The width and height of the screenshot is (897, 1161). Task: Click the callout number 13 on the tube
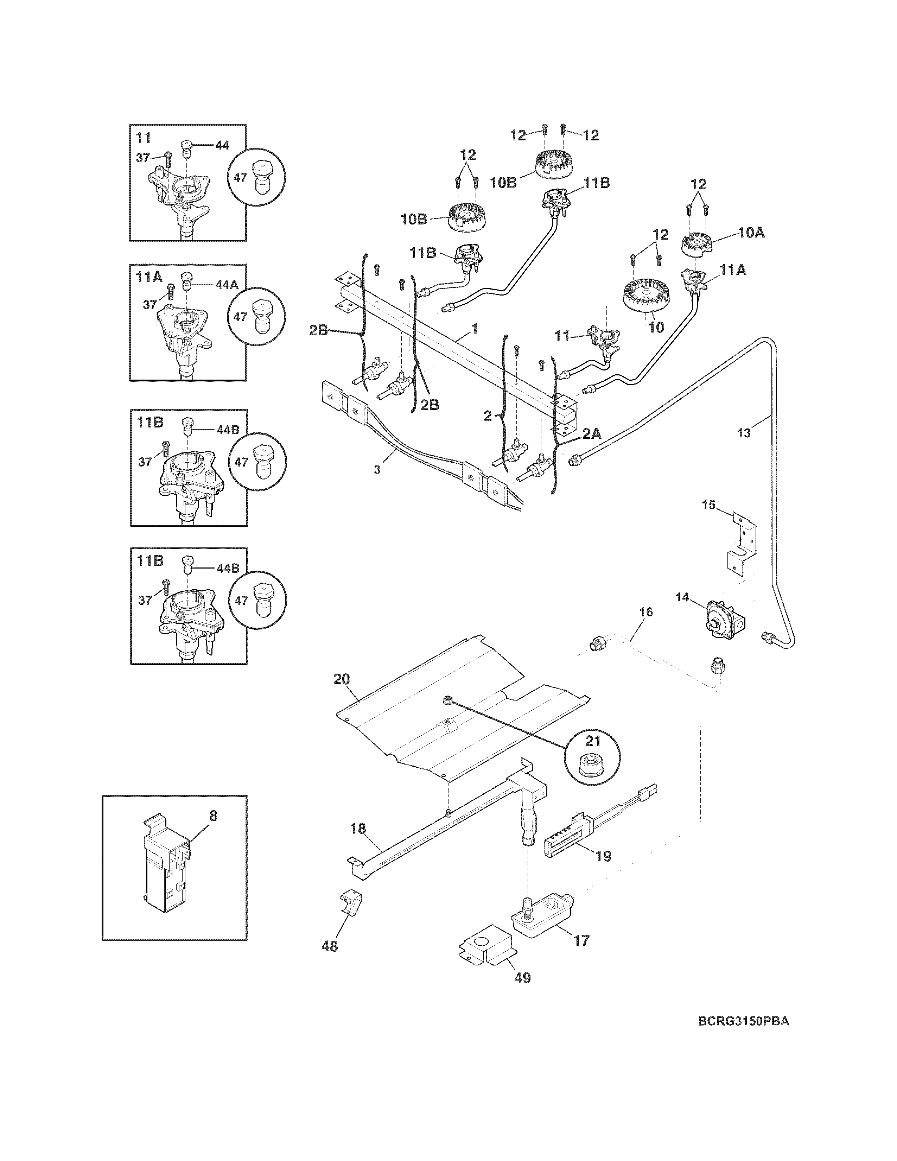click(744, 433)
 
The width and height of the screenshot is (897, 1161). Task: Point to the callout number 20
click(342, 679)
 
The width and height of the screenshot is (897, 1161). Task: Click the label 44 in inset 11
click(222, 145)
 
